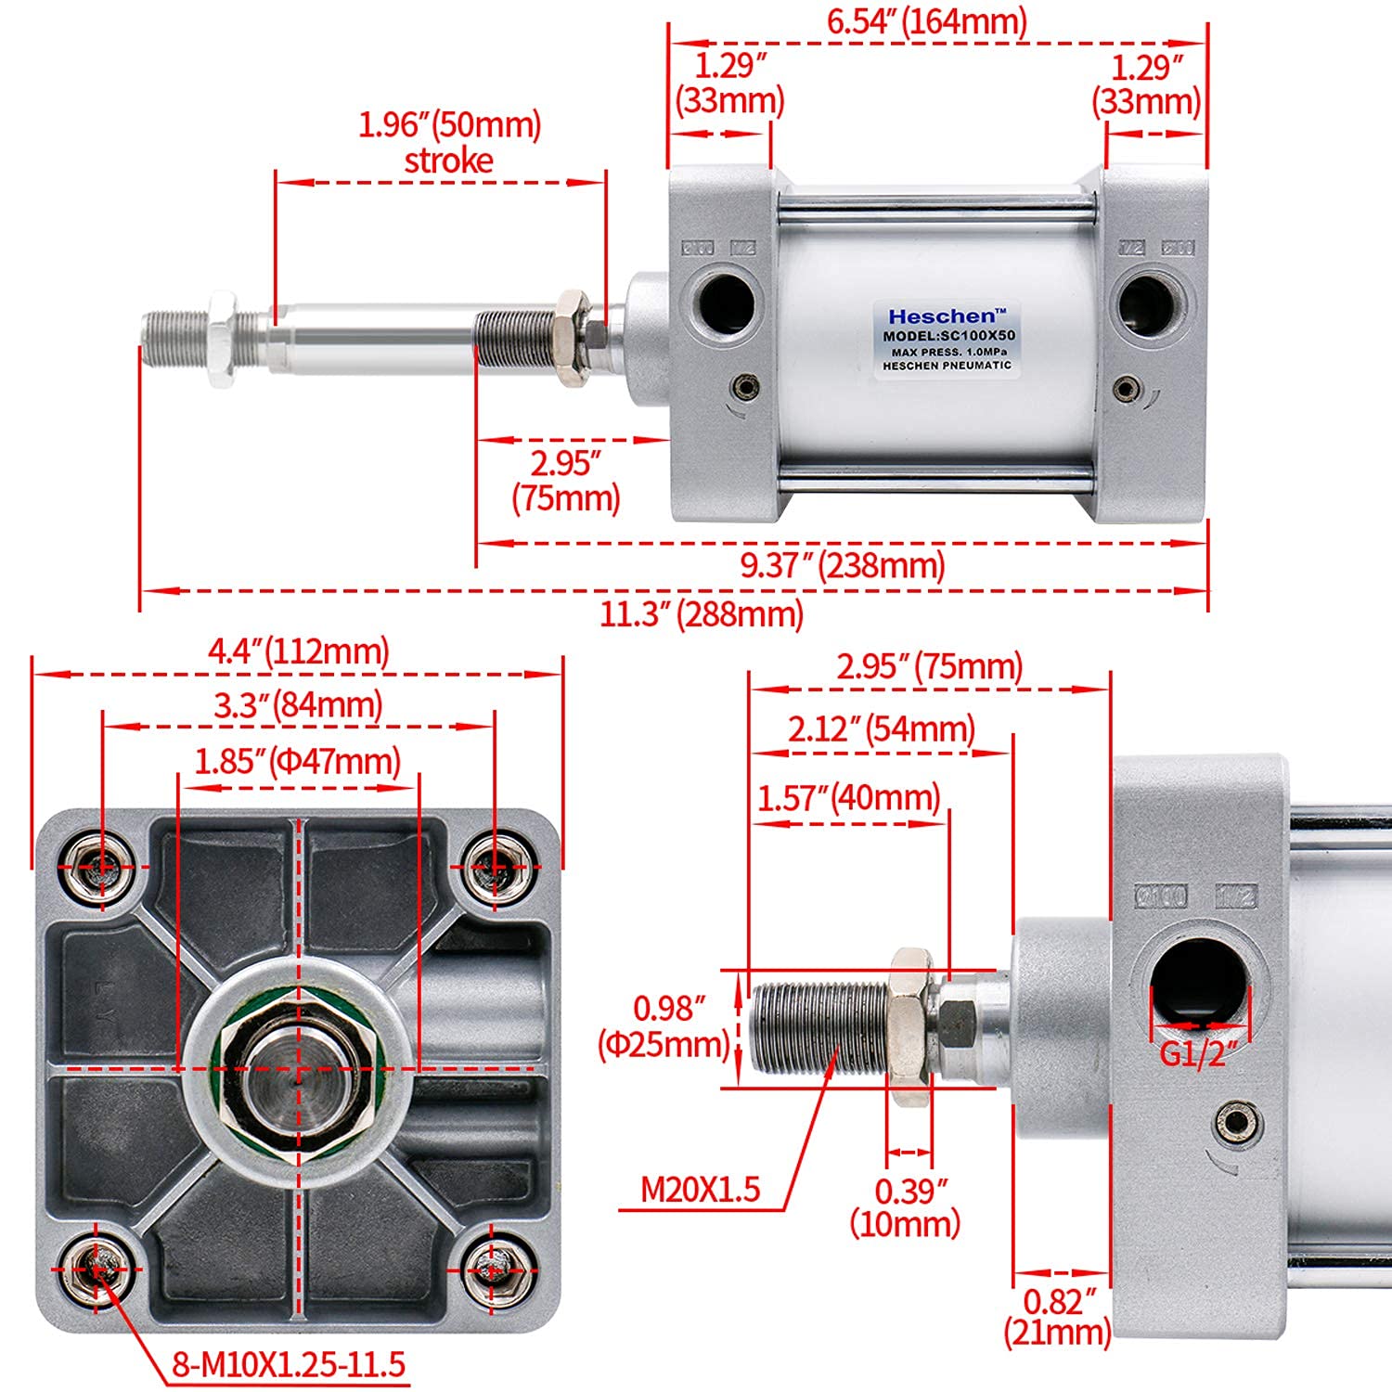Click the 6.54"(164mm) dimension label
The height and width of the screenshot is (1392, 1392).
[927, 21]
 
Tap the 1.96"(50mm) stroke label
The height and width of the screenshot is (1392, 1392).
[450, 142]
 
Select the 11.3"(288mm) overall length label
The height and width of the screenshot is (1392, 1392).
[702, 613]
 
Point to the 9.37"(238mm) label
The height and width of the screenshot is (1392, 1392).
[842, 564]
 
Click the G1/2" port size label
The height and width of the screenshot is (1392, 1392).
[1198, 1054]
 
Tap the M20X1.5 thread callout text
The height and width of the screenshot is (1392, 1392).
[701, 1189]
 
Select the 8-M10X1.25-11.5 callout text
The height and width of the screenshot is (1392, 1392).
[289, 1364]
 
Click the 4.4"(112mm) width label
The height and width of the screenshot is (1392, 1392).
[298, 651]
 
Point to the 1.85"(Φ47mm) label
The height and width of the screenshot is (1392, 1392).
[297, 762]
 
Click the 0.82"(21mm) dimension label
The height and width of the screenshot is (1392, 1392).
[1058, 1317]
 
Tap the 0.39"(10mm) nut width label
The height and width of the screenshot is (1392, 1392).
[905, 1206]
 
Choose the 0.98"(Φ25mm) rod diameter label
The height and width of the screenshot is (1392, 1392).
[664, 1026]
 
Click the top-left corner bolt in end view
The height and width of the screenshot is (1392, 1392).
[102, 867]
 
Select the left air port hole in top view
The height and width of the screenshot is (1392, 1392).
[727, 302]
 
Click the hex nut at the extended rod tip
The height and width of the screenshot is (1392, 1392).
[221, 339]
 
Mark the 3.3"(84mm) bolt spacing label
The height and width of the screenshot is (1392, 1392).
[298, 706]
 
